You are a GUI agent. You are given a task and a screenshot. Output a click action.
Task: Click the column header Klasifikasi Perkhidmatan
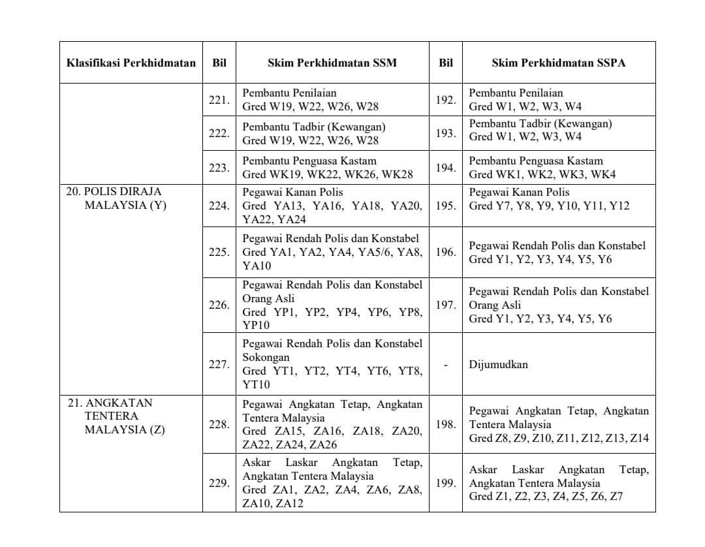tap(131, 63)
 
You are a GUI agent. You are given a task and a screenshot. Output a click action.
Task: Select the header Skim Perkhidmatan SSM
tap(332, 63)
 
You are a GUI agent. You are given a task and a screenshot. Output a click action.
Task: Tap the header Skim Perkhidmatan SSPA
tap(559, 63)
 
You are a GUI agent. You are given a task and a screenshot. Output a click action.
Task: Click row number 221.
tap(219, 101)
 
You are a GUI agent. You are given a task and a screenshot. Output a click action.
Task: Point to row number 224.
tap(219, 206)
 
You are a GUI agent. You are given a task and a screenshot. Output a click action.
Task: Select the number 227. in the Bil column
tap(219, 365)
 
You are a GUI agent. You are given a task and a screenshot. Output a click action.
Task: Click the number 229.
tap(219, 484)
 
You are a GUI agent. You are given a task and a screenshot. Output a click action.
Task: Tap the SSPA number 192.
tap(446, 101)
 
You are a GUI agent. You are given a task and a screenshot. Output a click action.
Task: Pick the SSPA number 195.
tap(446, 206)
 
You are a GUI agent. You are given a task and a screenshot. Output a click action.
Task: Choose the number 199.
tap(446, 484)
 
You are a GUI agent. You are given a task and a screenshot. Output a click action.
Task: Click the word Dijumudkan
tap(498, 365)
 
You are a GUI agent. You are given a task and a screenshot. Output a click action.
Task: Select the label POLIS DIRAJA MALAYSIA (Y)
tap(114, 198)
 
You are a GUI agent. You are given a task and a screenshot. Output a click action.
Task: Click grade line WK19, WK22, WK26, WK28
tap(309, 175)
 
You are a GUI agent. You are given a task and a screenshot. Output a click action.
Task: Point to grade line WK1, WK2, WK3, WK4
tap(542, 175)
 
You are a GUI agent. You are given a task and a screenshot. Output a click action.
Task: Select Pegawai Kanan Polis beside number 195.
tap(519, 193)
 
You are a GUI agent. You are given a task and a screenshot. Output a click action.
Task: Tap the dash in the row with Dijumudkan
tap(446, 365)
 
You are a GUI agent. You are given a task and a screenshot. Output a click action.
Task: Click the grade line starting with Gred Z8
tap(559, 439)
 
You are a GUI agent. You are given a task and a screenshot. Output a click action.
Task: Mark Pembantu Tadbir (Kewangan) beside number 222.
tap(314, 127)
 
